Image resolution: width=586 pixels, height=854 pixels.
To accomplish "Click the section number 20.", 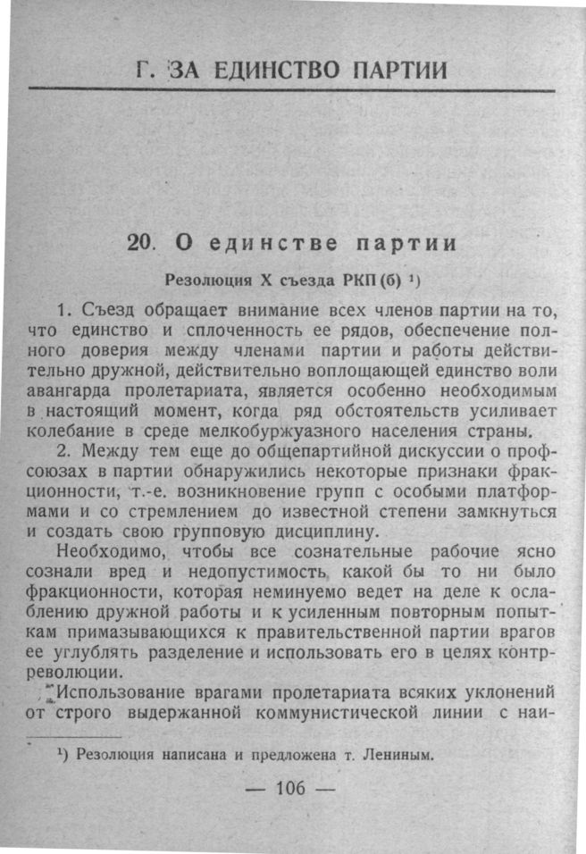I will click(x=142, y=242).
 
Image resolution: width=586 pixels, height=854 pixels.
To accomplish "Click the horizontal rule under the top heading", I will click(x=291, y=90).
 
